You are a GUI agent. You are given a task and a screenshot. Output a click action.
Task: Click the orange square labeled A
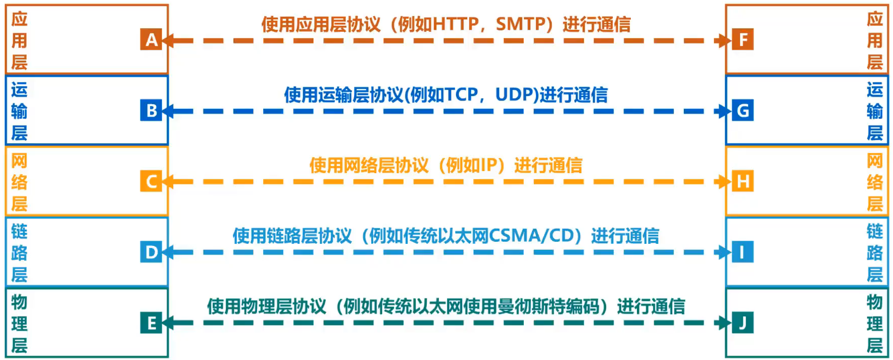[151, 39]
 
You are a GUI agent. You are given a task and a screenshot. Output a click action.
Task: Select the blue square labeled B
[151, 111]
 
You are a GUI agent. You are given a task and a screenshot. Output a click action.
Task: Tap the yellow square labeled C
[151, 181]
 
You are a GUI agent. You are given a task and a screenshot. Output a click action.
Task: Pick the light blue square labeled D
[151, 252]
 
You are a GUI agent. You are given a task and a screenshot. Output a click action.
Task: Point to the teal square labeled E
[151, 323]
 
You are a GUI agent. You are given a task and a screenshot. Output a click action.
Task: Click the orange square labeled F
[742, 39]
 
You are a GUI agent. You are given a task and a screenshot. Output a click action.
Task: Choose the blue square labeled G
[742, 111]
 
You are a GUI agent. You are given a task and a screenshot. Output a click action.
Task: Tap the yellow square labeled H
[742, 181]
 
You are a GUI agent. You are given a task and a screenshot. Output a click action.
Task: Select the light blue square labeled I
[742, 252]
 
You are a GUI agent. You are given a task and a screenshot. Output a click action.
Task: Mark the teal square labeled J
[742, 323]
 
